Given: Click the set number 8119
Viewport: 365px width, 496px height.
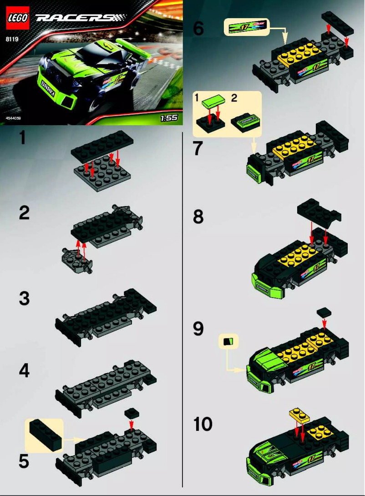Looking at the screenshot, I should click(x=12, y=39).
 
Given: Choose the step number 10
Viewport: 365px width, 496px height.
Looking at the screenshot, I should click(x=203, y=425).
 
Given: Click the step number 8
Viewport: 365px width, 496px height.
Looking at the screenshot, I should click(x=198, y=217).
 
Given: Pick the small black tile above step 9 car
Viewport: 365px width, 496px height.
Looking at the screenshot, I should click(x=324, y=312).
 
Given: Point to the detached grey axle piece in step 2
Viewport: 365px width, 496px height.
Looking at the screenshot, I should click(x=77, y=260).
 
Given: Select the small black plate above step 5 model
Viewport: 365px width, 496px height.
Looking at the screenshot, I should click(x=132, y=413).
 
